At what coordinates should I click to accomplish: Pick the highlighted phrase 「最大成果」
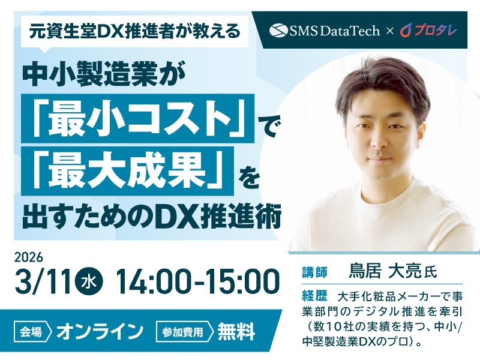tap(127, 173)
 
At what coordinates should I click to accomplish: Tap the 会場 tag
tap(32, 331)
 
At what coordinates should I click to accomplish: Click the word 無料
tap(236, 331)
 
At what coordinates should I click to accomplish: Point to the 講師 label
tap(314, 272)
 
